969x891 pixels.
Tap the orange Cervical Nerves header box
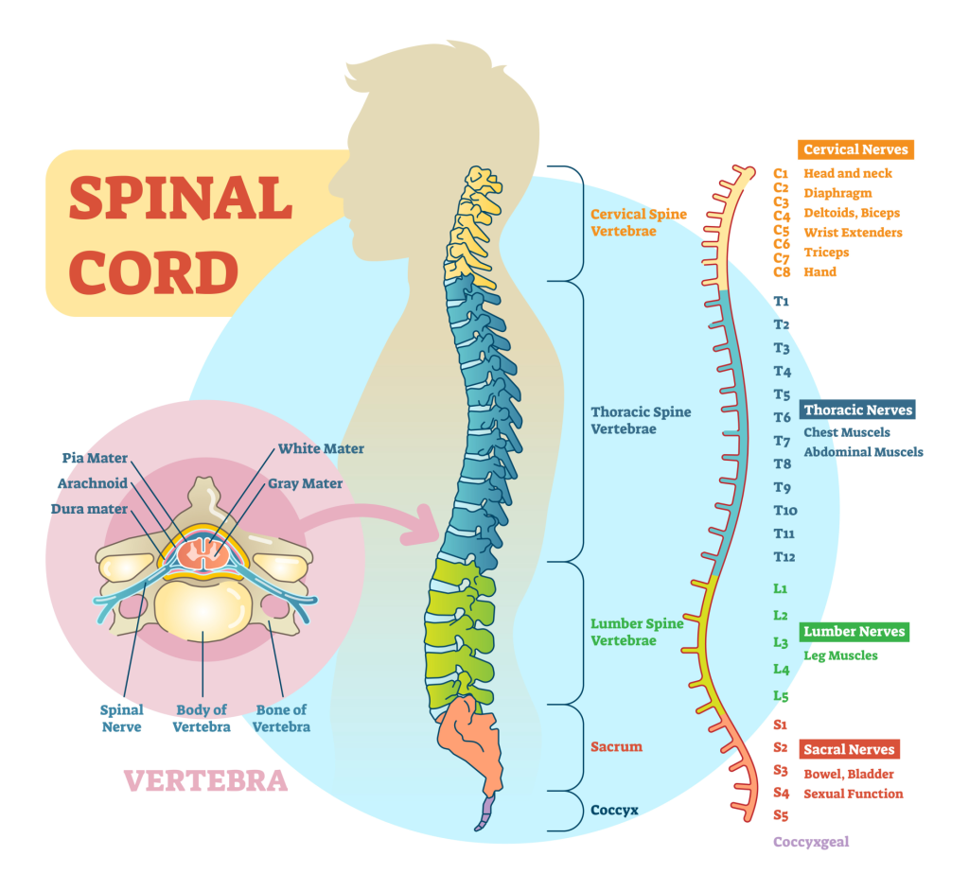(x=855, y=149)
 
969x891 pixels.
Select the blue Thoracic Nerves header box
(x=858, y=410)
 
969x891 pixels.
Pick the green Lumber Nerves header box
(x=854, y=631)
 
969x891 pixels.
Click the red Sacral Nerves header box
(x=849, y=749)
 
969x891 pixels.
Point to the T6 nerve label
(x=782, y=417)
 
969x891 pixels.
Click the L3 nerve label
(x=781, y=642)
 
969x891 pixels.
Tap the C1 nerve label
(x=781, y=173)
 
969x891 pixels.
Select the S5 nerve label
(x=781, y=814)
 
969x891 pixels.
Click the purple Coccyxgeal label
(x=811, y=842)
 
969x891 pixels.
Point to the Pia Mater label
(x=95, y=458)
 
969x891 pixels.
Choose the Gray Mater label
(x=304, y=483)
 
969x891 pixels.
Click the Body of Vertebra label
(x=202, y=718)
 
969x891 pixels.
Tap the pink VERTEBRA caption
(x=205, y=780)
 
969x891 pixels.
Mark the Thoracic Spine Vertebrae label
(x=641, y=420)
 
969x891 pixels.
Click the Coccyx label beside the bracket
(x=615, y=810)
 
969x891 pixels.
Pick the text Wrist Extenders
(x=853, y=233)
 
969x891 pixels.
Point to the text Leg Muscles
(x=840, y=655)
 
